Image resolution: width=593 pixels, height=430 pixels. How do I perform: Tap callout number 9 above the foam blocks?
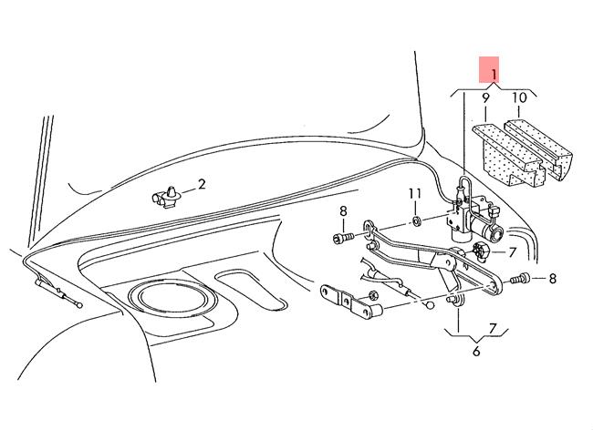485,97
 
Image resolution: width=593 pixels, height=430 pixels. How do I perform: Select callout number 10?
519,97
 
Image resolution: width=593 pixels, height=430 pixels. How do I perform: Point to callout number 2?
202,184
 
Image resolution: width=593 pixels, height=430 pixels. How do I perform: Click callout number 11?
413,194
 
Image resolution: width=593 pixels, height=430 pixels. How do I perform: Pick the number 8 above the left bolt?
343,212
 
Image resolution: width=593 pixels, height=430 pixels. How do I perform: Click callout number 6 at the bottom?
476,351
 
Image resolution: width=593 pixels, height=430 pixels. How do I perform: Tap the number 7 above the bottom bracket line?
492,327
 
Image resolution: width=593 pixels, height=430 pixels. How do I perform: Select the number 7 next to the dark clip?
513,251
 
